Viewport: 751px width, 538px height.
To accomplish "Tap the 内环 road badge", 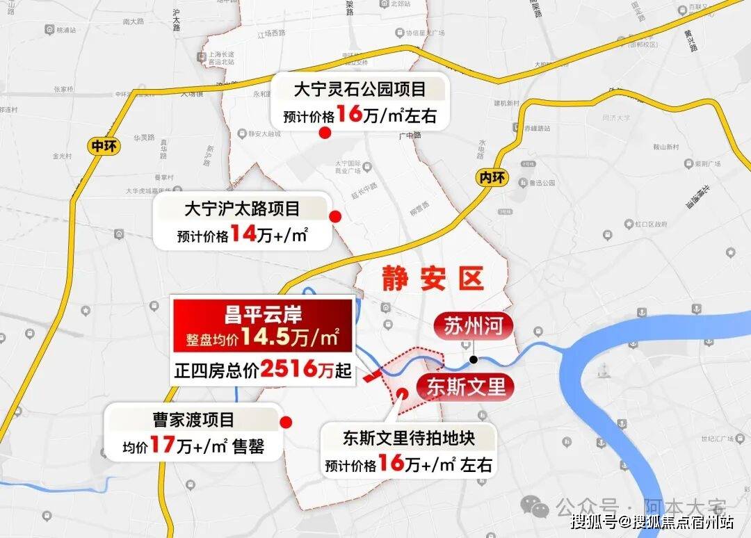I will [x=492, y=177].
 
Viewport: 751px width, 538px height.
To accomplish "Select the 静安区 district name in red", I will [x=432, y=279].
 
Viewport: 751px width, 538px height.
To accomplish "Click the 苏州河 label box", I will [x=474, y=326].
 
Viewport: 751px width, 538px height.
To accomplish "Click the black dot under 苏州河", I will [x=473, y=359].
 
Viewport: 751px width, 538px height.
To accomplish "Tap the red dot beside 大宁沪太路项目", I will [x=334, y=216].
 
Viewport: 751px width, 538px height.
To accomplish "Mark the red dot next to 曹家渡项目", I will [x=285, y=422].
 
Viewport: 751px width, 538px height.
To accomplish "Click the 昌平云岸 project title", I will [x=261, y=315].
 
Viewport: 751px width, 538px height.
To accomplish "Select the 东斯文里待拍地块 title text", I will [x=408, y=439].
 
